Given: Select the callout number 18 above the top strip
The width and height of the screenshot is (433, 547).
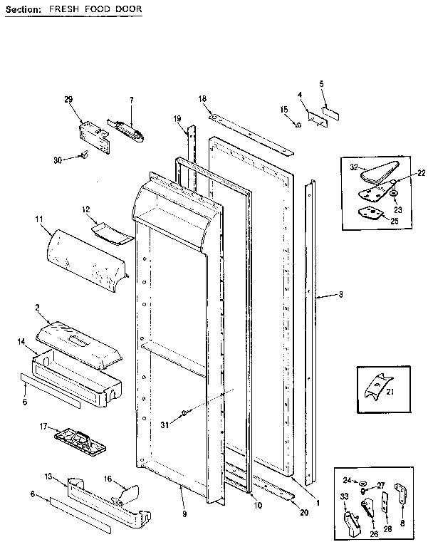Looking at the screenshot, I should click(202, 98).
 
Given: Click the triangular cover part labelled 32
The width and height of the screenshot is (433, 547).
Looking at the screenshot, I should click(377, 172).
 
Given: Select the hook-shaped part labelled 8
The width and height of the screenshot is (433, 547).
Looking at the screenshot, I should click(400, 494).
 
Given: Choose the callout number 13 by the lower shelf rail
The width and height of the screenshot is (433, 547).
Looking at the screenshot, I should click(49, 476).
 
